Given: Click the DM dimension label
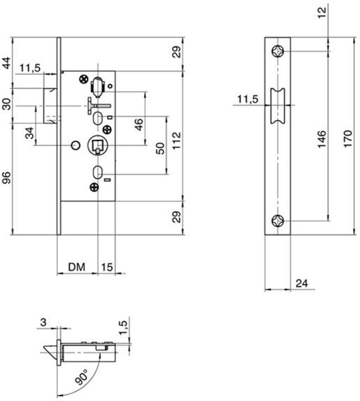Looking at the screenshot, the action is click(x=76, y=267).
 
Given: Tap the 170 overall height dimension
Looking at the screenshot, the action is click(x=348, y=138).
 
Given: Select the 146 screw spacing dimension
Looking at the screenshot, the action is click(x=322, y=139).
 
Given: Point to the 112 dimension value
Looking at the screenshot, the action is click(x=176, y=140).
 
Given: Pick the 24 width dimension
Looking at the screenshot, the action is click(x=302, y=283).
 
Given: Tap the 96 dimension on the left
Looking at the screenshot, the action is click(x=7, y=177).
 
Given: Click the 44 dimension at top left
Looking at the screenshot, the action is click(x=7, y=63).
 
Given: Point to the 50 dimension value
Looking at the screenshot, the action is click(x=160, y=148).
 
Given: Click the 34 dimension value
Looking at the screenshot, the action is click(x=30, y=133).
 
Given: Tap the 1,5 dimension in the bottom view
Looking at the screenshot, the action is click(x=123, y=328).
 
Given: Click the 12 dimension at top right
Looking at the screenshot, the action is click(x=322, y=12).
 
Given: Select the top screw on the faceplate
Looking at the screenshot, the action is click(x=278, y=51).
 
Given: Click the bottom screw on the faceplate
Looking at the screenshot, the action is click(x=278, y=221).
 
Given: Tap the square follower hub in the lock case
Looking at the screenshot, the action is click(x=98, y=145).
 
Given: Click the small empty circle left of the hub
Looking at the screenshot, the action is click(x=76, y=145).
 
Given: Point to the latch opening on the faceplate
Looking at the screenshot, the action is click(x=278, y=105).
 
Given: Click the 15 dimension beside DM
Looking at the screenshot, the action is click(x=107, y=267).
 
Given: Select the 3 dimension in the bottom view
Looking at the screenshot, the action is click(x=43, y=322).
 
